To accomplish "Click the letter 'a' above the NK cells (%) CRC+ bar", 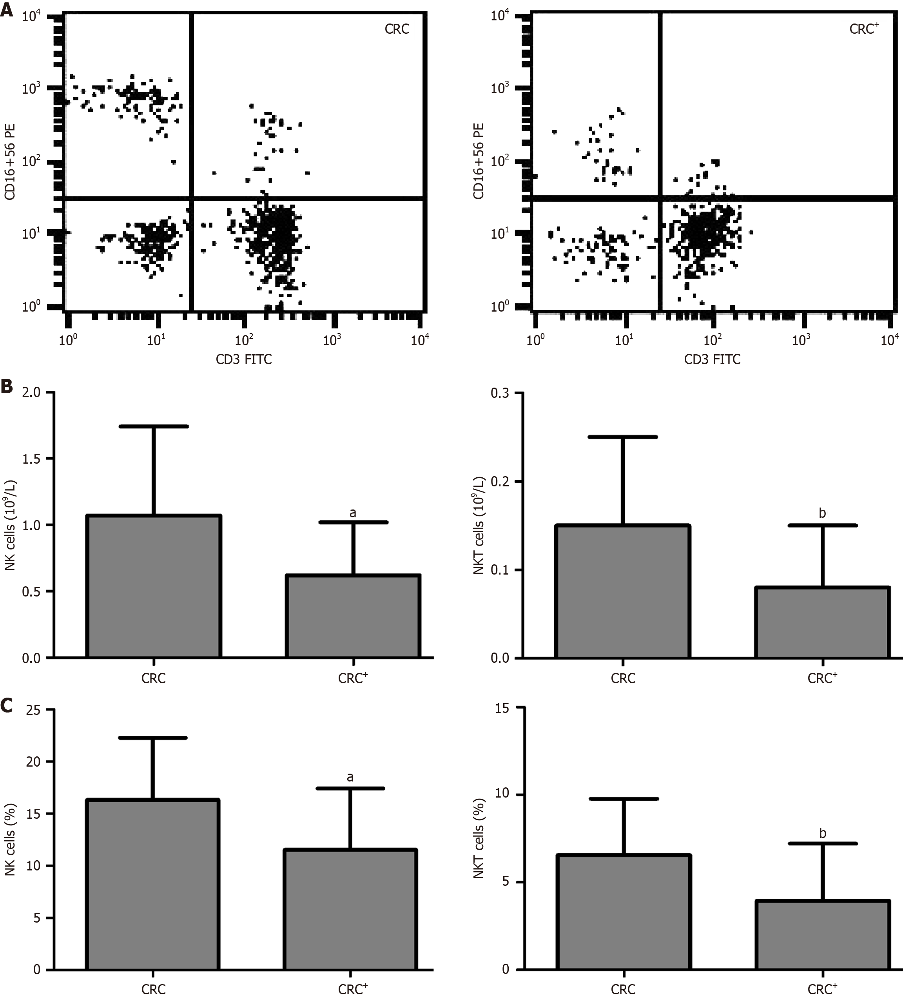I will pyautogui.click(x=350, y=776).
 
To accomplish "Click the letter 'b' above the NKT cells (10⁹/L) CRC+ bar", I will pyautogui.click(x=822, y=513).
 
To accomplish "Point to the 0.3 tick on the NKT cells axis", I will pyautogui.click(x=500, y=393).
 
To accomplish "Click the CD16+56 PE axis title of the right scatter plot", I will pyautogui.click(x=478, y=161).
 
